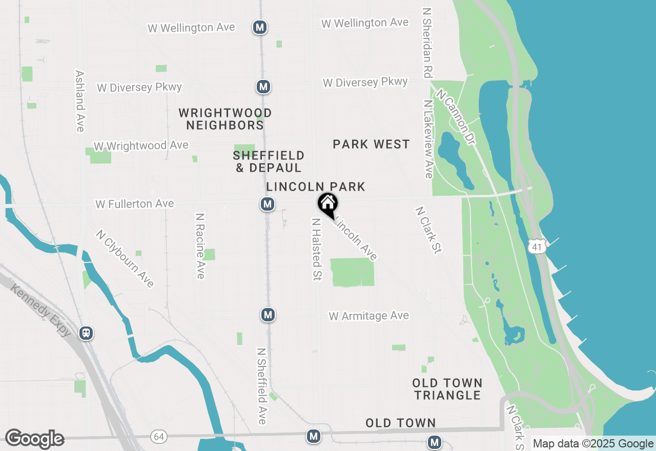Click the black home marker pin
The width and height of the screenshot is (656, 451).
point(328,205)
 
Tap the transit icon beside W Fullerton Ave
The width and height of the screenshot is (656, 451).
point(267,204)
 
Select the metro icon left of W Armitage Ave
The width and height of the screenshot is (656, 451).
point(268,315)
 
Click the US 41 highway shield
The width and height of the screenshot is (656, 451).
point(537,247)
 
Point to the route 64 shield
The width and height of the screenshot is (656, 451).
point(159,437)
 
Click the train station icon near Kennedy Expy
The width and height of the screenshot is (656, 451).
point(87,333)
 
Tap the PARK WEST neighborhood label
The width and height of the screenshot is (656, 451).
point(371,145)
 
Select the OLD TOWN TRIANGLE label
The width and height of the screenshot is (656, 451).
point(447,389)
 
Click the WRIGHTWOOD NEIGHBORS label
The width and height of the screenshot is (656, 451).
point(225,119)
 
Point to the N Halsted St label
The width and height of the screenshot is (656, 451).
point(317,249)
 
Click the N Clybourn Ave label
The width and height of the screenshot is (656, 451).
point(125,258)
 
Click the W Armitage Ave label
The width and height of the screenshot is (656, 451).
point(369,316)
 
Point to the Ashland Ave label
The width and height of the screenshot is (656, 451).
point(79,101)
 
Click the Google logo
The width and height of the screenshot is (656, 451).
point(34,439)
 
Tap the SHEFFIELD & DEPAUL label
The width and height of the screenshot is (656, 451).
point(269,161)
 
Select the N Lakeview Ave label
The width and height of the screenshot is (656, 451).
point(428,138)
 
